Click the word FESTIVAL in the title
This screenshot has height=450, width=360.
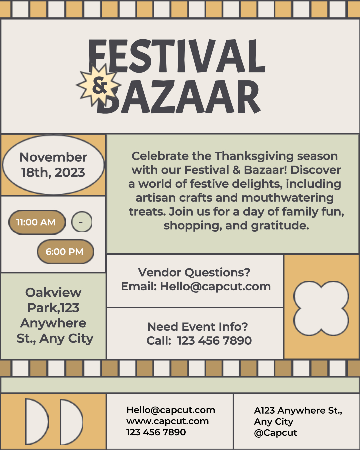pyautogui.click(x=177, y=56)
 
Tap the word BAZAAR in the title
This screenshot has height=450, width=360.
pyautogui.click(x=179, y=97)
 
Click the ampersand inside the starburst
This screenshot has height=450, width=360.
pyautogui.click(x=100, y=85)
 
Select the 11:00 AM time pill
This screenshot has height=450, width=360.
pyautogui.click(x=37, y=222)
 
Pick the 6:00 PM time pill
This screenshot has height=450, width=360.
pyautogui.click(x=65, y=252)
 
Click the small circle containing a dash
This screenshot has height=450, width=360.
pyautogui.click(x=82, y=222)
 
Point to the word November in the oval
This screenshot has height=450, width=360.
pyautogui.click(x=53, y=157)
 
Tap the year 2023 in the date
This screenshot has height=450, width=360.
pyautogui.click(x=70, y=173)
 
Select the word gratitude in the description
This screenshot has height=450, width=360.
pyautogui.click(x=280, y=226)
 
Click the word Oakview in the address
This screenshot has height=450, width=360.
pyautogui.click(x=53, y=292)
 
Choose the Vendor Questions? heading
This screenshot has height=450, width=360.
pyautogui.click(x=194, y=272)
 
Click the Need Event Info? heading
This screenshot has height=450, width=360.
pyautogui.click(x=197, y=327)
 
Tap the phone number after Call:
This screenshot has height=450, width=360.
pyautogui.click(x=214, y=341)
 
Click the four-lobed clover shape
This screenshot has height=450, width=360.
pyautogui.click(x=321, y=308)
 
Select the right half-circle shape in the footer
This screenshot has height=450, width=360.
pyautogui.click(x=71, y=422)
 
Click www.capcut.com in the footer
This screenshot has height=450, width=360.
pyautogui.click(x=168, y=421)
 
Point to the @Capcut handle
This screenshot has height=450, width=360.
pyautogui.click(x=275, y=433)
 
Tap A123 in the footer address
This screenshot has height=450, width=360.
pyautogui.click(x=264, y=410)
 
